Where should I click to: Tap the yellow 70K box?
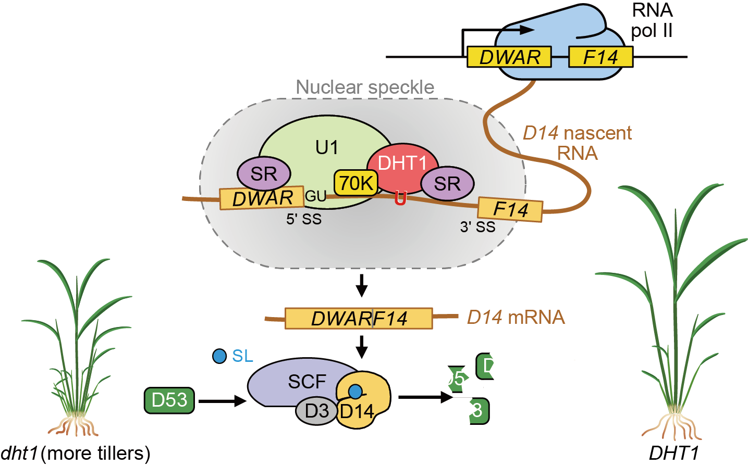point(356,183)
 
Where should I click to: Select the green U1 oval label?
point(327,148)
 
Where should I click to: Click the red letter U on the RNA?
point(400,198)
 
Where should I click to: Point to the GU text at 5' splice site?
point(315,196)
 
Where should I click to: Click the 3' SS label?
point(477,227)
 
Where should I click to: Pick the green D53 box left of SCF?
point(169,400)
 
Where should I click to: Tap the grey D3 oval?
point(316,411)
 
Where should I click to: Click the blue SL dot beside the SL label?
point(220,356)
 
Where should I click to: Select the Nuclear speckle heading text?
point(365,87)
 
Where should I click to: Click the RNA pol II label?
point(652,21)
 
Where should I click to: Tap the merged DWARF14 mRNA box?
point(359,319)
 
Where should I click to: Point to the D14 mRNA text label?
point(516,317)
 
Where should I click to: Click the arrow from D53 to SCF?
point(222,401)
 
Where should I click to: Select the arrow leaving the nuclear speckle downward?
point(361,284)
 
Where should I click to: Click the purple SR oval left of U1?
point(264,173)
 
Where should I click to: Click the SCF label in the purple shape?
point(307,382)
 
